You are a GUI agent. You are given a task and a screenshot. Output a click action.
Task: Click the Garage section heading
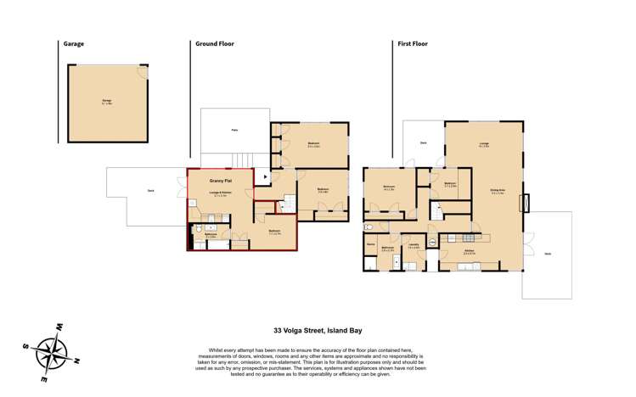[x=73, y=44]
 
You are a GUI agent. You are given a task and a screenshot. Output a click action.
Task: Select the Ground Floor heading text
[x=214, y=44]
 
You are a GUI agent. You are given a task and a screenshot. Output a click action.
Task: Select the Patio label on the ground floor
[x=234, y=130]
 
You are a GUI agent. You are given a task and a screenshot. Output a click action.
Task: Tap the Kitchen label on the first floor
[x=468, y=251]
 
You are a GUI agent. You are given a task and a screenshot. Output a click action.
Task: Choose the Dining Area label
[x=498, y=190]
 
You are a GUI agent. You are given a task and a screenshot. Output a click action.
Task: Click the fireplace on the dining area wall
[x=526, y=204]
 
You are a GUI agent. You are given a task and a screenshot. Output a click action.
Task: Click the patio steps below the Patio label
[x=243, y=159]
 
